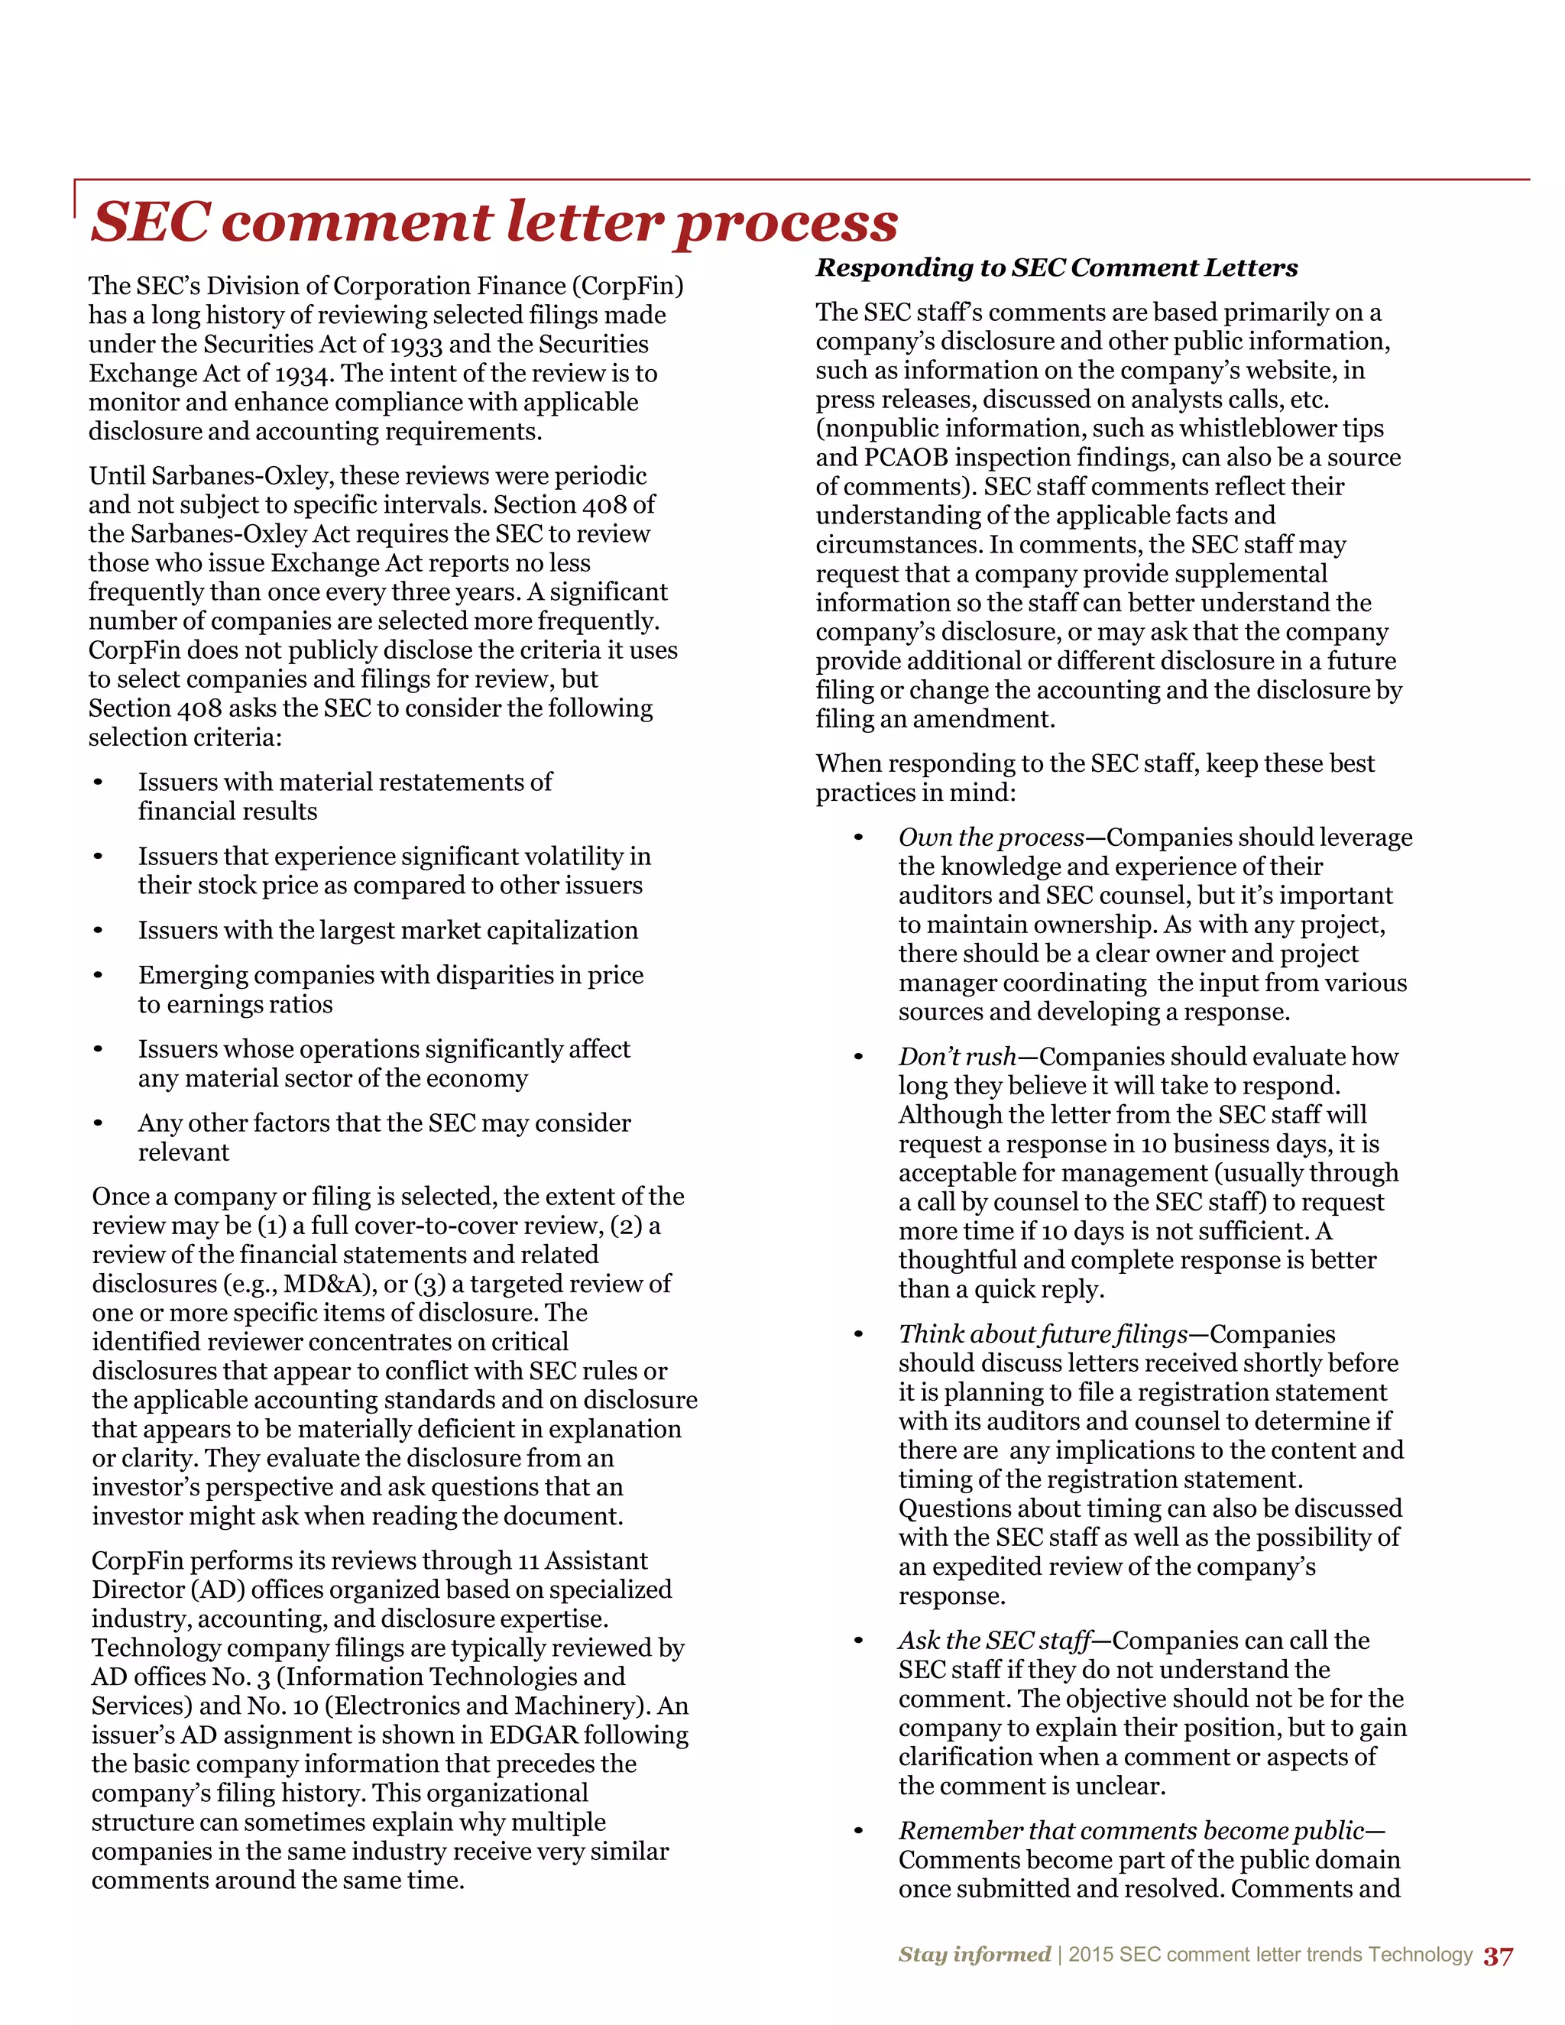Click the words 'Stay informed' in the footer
pos(974,1955)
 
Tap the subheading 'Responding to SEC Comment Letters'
pos(1056,268)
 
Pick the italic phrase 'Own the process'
pos(990,838)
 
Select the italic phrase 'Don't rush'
pos(957,1057)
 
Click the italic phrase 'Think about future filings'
pos(1042,1334)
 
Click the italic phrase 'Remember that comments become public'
pos(1130,1830)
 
